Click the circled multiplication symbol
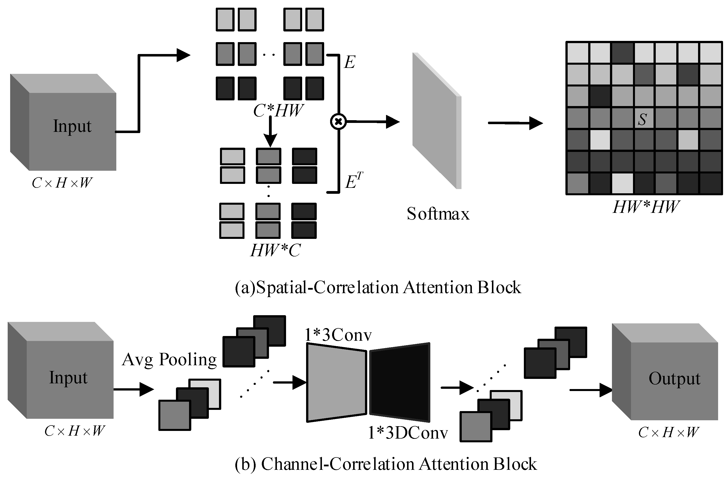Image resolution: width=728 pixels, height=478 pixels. coord(338,122)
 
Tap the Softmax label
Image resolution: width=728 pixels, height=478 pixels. coord(438,214)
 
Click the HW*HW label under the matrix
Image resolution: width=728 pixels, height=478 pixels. coord(645,207)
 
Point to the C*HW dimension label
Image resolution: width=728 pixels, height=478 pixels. coord(278,111)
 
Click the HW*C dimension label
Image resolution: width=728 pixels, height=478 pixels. coord(275,250)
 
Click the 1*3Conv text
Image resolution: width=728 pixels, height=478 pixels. coord(338,335)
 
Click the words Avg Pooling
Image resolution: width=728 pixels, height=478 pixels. coord(169,359)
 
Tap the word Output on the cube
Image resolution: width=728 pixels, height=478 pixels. coord(674,378)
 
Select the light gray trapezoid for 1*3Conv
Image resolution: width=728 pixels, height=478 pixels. coord(337,383)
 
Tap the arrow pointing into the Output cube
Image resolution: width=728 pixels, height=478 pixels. coord(590,390)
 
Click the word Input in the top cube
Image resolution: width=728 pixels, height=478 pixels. coord(72,126)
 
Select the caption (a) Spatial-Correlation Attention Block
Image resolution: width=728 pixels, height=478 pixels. coord(378,287)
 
